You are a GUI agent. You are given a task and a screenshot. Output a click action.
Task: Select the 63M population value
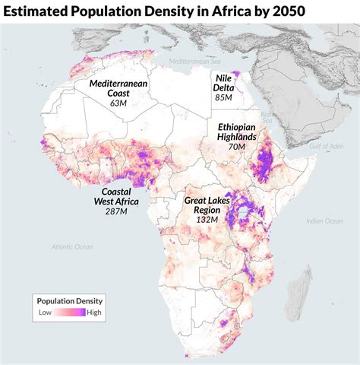(x=118, y=102)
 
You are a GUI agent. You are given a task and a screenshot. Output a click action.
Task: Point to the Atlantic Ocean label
(x=72, y=246)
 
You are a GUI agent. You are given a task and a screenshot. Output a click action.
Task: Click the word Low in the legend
(x=45, y=312)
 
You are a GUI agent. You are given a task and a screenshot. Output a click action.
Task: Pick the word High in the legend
(x=94, y=312)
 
